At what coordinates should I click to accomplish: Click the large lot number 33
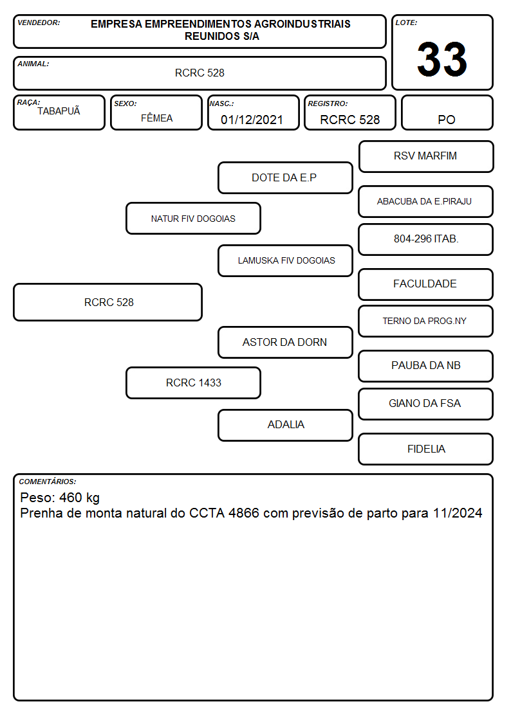click(442, 59)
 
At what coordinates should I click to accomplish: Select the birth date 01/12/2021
click(252, 120)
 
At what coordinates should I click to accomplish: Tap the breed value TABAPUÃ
click(59, 111)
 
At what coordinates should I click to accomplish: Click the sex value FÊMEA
click(156, 118)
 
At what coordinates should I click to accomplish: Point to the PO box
click(447, 113)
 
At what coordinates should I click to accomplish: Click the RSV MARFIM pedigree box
click(426, 157)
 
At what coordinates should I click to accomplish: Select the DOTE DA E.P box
click(285, 177)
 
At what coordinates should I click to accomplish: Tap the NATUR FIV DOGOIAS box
click(193, 218)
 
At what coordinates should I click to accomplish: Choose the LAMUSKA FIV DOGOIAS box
click(285, 260)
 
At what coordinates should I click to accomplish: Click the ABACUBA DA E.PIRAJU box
click(426, 201)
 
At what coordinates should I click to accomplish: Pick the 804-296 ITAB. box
click(426, 239)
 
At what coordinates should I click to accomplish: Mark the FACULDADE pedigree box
click(426, 284)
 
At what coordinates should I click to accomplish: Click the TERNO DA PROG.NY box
click(426, 321)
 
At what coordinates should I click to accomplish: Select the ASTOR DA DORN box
click(285, 342)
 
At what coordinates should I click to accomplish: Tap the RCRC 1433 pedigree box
click(193, 383)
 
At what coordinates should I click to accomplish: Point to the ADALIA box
click(285, 425)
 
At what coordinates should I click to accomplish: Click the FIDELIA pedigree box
click(426, 449)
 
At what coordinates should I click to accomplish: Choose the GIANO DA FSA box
click(426, 404)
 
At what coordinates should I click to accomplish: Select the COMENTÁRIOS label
click(48, 482)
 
